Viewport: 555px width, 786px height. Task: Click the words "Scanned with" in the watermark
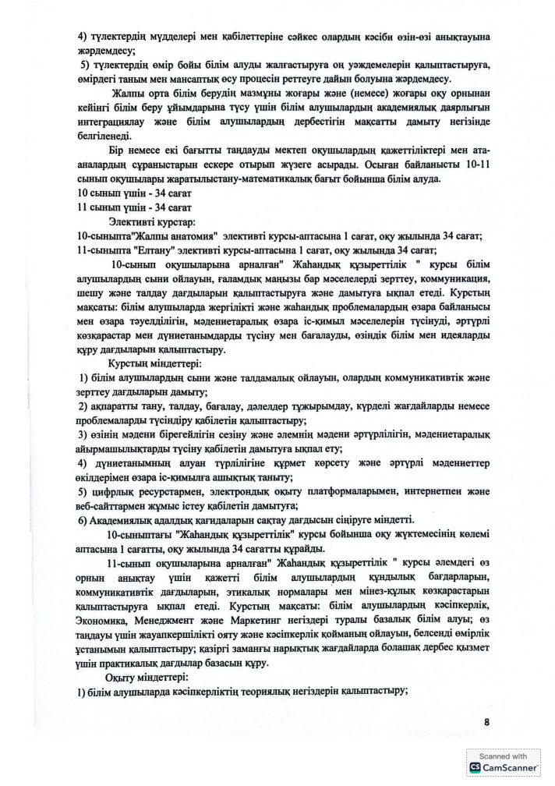pos(504,756)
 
